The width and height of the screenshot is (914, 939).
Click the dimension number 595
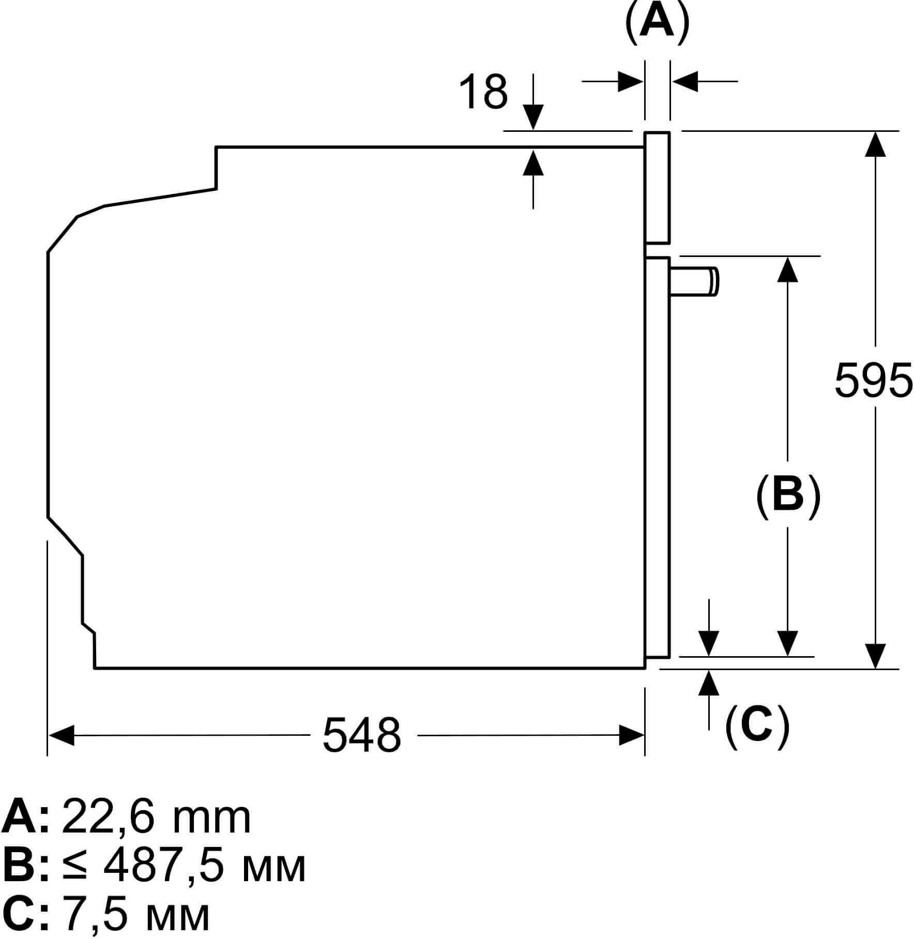pos(873,380)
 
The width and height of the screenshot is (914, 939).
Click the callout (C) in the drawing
pos(757,725)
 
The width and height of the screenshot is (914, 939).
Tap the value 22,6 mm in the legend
pos(156,817)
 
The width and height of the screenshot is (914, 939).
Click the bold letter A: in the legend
pos(26,817)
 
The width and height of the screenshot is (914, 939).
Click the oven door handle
pos(693,282)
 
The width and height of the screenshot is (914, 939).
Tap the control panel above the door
pos(657,188)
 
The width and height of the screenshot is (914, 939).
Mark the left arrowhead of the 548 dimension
pos(60,735)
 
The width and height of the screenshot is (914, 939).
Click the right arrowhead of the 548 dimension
pos(632,735)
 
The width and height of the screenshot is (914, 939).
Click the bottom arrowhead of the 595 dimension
pos(875,656)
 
